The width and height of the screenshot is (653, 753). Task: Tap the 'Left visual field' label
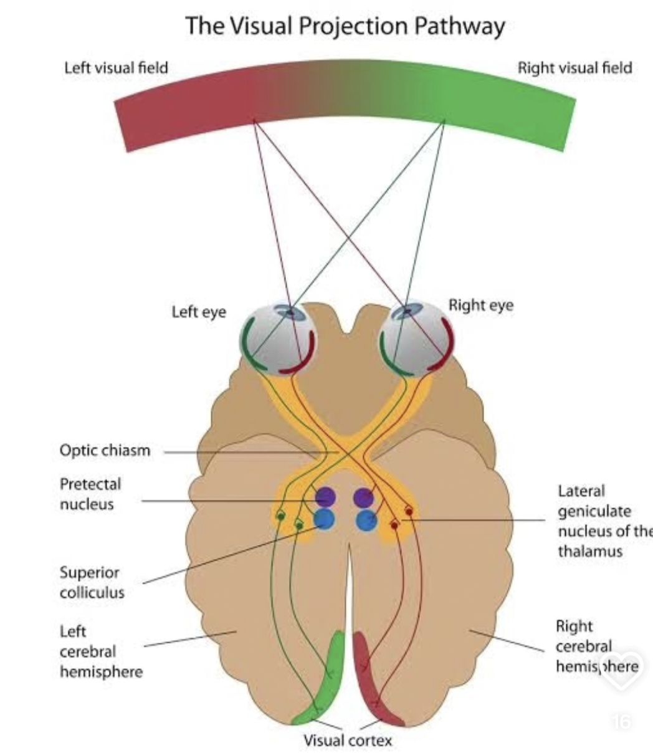(117, 68)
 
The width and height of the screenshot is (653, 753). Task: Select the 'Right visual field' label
(575, 68)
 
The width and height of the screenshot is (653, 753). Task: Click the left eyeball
(278, 339)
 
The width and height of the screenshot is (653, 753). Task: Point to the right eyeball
(417, 338)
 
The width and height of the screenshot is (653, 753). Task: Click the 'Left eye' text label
(199, 312)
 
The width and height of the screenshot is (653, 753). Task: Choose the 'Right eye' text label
(481, 305)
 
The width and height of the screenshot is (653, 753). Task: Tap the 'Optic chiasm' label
(105, 451)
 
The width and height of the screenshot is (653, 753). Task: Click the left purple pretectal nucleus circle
(326, 497)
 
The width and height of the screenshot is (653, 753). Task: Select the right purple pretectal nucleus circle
(363, 497)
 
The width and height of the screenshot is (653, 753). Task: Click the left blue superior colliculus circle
(325, 520)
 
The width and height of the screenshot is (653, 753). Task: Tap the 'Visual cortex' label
(348, 740)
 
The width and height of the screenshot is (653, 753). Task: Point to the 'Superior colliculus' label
(92, 583)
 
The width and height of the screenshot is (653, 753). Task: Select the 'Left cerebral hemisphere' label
(101, 652)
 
